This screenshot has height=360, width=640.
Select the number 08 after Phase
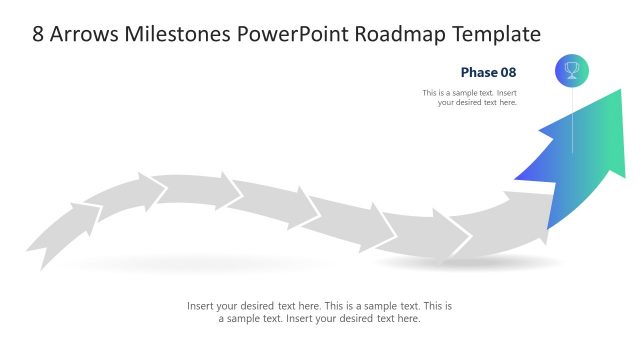pos(508,72)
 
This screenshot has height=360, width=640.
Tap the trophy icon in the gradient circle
pos(572,70)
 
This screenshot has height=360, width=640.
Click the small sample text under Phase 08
pos(469,97)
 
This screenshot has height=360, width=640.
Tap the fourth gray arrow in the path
pos(265,201)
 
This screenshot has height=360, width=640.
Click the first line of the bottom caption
pos(319,306)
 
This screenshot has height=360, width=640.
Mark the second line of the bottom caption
pos(319,319)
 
